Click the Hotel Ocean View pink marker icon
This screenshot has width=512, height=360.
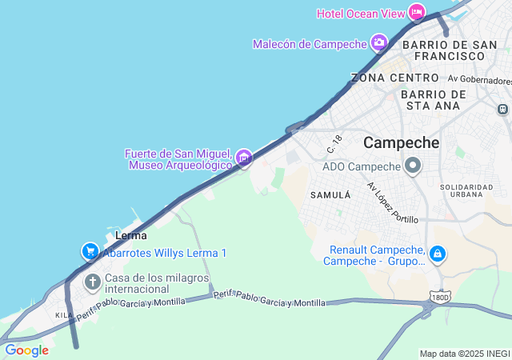(x=416, y=12)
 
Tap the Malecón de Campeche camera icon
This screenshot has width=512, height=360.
(x=378, y=42)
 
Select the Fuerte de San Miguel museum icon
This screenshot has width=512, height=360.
(x=244, y=158)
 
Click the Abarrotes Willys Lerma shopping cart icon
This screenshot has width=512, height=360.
(x=90, y=252)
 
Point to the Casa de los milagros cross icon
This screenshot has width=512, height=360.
(x=93, y=282)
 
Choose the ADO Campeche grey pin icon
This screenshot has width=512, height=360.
(x=413, y=166)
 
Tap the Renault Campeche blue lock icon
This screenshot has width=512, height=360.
(x=437, y=254)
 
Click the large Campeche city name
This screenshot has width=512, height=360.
(x=402, y=143)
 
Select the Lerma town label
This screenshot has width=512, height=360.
(x=130, y=235)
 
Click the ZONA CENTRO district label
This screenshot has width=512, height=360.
(x=394, y=78)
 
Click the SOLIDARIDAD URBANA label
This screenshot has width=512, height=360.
(x=466, y=192)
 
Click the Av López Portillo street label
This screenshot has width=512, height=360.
(x=392, y=202)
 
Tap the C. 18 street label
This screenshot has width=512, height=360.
(x=334, y=144)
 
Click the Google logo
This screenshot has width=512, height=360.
(x=26, y=350)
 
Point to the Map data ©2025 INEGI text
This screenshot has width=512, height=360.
(x=465, y=354)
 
